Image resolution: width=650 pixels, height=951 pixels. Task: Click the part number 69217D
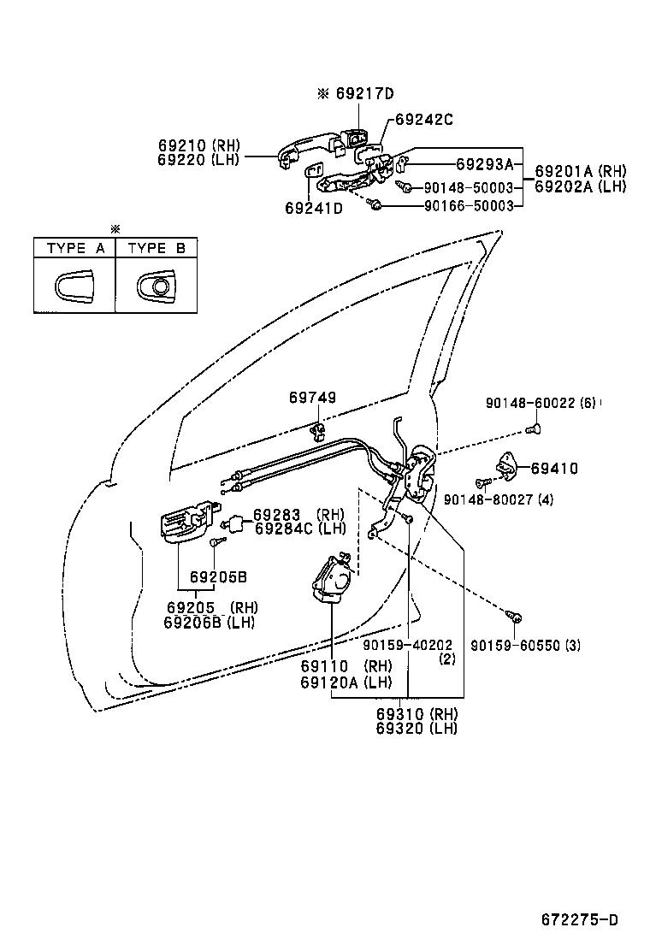pyautogui.click(x=365, y=93)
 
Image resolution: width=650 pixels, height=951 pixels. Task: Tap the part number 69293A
pyautogui.click(x=483, y=164)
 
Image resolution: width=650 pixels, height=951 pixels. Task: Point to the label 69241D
pyautogui.click(x=313, y=208)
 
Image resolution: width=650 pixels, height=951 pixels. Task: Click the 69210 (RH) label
pyautogui.click(x=199, y=145)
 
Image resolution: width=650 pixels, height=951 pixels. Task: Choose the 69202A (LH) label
pyautogui.click(x=580, y=186)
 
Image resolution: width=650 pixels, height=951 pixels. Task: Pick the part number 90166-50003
pyautogui.click(x=469, y=206)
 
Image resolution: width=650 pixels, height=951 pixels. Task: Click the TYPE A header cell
pyautogui.click(x=74, y=248)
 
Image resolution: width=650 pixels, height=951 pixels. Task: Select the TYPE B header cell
pyautogui.click(x=156, y=248)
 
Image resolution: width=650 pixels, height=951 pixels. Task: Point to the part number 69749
pyautogui.click(x=312, y=398)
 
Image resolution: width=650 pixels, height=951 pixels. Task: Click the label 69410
pyautogui.click(x=554, y=468)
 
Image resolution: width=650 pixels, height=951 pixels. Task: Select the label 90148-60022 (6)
pyautogui.click(x=540, y=403)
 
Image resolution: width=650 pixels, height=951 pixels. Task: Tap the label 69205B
pyautogui.click(x=218, y=577)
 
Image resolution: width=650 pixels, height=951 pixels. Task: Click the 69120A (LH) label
pyautogui.click(x=346, y=682)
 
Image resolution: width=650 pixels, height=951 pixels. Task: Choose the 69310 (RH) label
pyautogui.click(x=417, y=714)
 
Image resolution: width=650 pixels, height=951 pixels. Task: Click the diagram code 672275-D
pyautogui.click(x=579, y=920)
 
